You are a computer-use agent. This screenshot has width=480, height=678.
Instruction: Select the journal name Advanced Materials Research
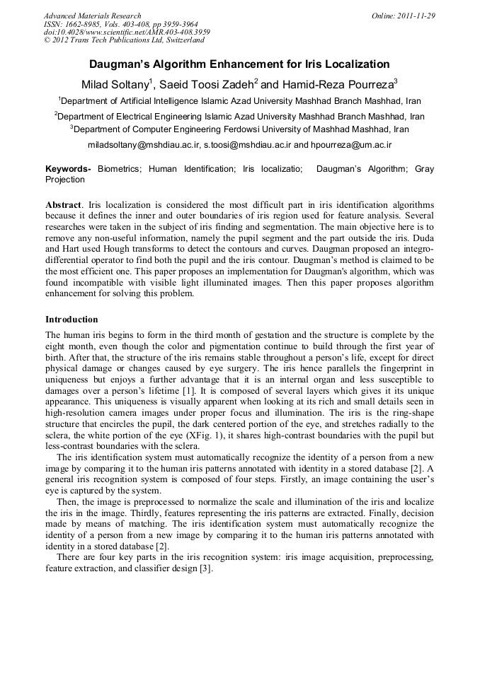pyautogui.click(x=92, y=16)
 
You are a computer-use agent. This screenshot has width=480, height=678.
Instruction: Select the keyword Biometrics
pyautogui.click(x=119, y=169)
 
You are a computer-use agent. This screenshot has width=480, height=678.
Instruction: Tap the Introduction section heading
pyautogui.click(x=72, y=319)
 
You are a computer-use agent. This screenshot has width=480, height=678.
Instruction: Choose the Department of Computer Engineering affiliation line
pyautogui.click(x=239, y=129)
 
